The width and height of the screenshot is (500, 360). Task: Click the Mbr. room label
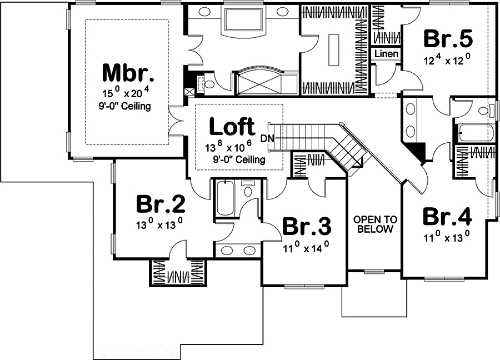128,72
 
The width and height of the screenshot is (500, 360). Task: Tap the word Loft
232,127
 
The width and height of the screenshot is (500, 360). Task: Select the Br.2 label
161,205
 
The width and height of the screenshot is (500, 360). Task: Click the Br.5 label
448,39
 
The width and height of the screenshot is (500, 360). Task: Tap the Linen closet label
386,54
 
